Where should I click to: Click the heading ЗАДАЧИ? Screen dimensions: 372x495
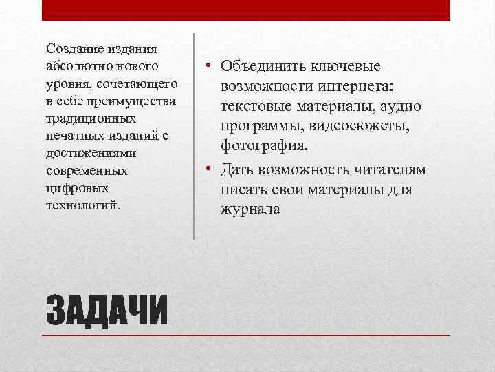107,311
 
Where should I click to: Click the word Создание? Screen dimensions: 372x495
71,49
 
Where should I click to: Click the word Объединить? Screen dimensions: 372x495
263,66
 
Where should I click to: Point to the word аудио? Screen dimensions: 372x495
401,107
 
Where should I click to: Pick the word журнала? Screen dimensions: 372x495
250,209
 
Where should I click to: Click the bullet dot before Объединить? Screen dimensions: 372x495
206,66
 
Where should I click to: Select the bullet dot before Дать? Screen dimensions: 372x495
206,169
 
